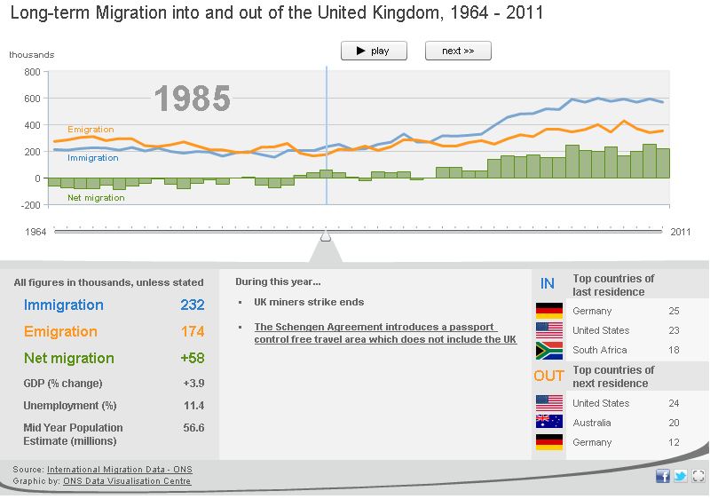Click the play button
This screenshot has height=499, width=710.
[x=374, y=51]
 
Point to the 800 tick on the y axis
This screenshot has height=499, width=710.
[x=32, y=72]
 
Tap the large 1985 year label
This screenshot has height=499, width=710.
[x=193, y=99]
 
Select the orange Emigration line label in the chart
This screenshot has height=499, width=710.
[x=91, y=130]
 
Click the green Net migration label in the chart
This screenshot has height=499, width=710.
[x=96, y=198]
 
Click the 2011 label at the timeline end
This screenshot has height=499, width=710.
[x=680, y=232]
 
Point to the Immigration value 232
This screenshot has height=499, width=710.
[x=192, y=305]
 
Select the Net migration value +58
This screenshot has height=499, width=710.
[x=192, y=359]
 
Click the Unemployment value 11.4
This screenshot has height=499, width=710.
[x=193, y=406]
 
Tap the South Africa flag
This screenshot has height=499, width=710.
[x=549, y=350]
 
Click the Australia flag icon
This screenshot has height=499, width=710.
[x=549, y=423]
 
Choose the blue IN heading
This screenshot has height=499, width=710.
[x=548, y=284]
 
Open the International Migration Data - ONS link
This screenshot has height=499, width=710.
[x=119, y=469]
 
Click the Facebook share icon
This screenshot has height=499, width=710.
[x=663, y=476]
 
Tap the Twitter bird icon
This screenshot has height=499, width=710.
[x=681, y=476]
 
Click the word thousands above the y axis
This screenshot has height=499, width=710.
[x=31, y=54]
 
